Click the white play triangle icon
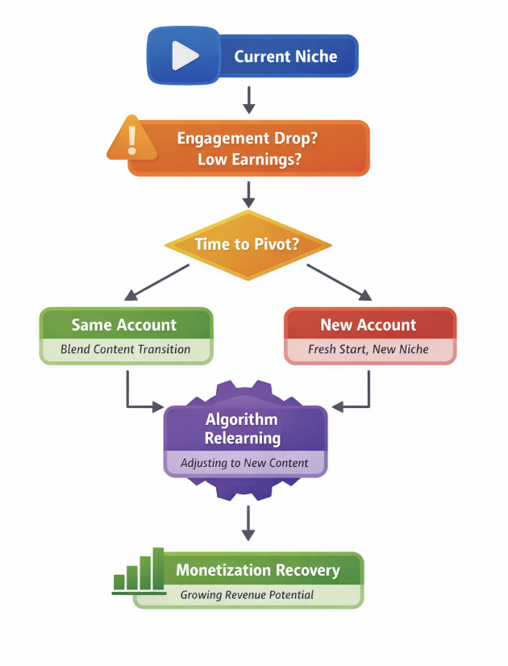[184, 56]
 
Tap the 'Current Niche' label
[285, 56]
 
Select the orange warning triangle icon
[132, 138]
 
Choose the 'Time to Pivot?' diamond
[248, 244]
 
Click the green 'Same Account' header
[124, 325]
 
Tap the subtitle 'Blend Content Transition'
[125, 349]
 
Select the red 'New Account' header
[369, 325]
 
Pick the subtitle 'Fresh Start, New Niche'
[369, 350]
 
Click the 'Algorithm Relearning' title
[242, 429]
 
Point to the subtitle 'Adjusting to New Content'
[243, 464]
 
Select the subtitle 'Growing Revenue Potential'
[247, 595]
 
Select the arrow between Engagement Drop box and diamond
[248, 194]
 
